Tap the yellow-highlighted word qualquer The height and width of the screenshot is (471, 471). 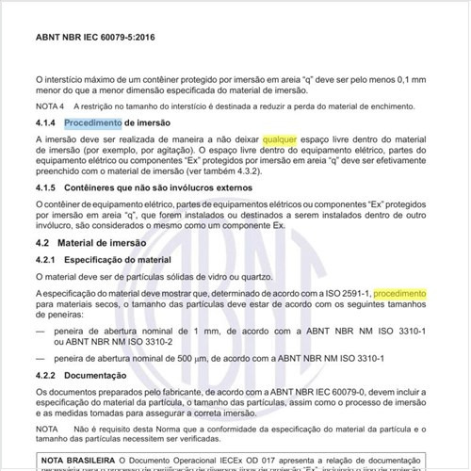pos(283,139)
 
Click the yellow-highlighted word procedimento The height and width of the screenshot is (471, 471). pos(399,294)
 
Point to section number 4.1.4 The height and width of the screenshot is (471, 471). pos(45,123)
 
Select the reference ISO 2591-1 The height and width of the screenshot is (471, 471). pos(343,294)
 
